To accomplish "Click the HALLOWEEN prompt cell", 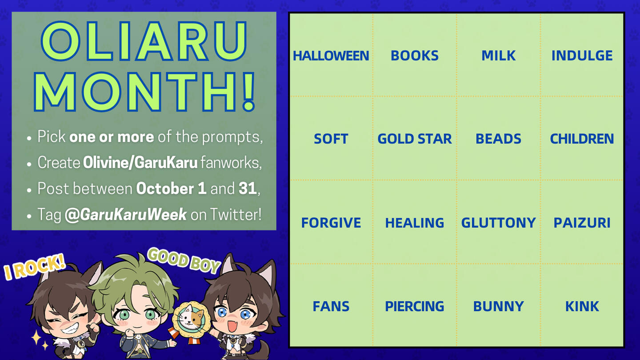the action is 331,56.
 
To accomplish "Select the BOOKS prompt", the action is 415,56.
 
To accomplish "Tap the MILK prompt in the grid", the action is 498,56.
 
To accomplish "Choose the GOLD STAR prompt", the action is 415,139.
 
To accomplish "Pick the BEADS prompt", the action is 498,139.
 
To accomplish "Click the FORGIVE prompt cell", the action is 331,223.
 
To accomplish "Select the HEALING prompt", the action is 415,223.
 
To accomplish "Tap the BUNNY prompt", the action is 498,306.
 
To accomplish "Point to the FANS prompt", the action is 331,306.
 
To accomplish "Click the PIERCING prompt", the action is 415,306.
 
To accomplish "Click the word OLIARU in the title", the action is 144,41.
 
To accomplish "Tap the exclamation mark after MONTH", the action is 249,92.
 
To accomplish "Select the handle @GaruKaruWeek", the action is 126,215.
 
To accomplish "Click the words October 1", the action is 171,188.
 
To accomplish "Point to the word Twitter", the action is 236,214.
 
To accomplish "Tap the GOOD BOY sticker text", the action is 184,260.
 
